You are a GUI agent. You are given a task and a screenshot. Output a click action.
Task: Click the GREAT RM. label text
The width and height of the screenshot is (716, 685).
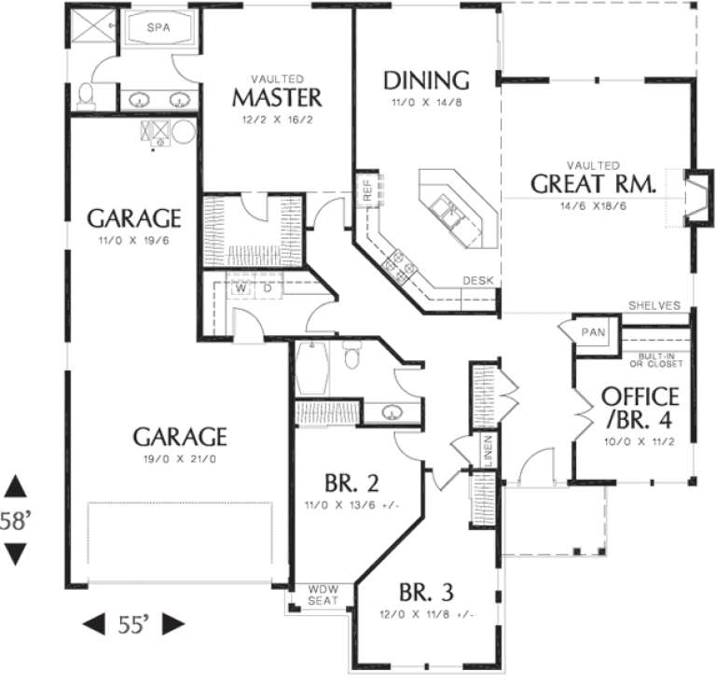(593, 183)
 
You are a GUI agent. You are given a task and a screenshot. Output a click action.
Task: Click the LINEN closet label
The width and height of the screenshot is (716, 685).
(488, 450)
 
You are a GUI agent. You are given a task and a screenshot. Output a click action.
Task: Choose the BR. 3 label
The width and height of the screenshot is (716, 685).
(426, 593)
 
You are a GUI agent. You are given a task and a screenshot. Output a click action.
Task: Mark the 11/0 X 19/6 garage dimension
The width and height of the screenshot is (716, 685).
(133, 241)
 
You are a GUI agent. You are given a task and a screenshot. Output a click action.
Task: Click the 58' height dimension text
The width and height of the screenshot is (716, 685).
(17, 521)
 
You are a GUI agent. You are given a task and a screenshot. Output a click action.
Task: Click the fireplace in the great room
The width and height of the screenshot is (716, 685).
(695, 197)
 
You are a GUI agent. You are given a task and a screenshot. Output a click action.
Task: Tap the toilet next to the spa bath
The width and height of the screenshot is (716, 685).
(86, 94)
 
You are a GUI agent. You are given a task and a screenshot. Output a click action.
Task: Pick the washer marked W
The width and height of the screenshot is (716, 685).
(241, 288)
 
